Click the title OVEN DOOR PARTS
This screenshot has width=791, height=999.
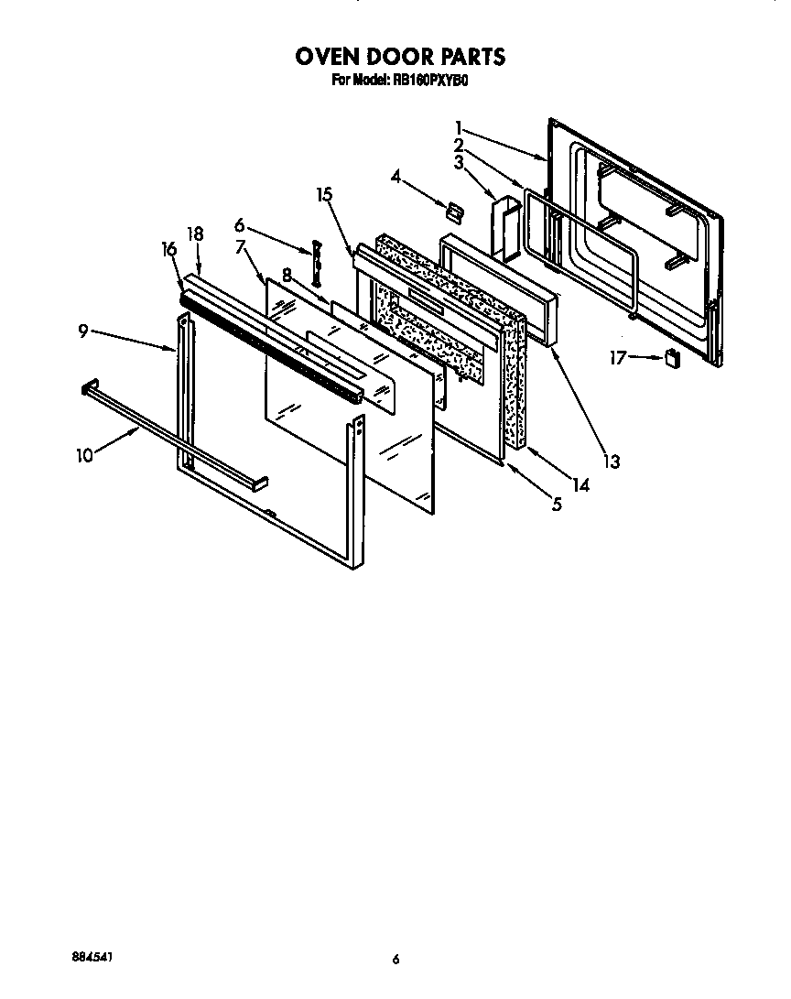click(x=399, y=57)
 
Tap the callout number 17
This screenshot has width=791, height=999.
click(x=619, y=358)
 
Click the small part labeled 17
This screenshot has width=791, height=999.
click(x=674, y=359)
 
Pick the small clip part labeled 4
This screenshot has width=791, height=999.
click(x=452, y=212)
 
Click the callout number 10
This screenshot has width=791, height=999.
click(x=84, y=455)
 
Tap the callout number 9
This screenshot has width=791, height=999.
click(x=83, y=331)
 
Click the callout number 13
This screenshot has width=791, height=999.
click(x=610, y=462)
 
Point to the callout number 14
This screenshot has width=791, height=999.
click(x=580, y=485)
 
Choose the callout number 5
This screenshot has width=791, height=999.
click(x=556, y=503)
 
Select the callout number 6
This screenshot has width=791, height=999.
click(x=239, y=224)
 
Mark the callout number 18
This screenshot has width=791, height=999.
click(x=196, y=234)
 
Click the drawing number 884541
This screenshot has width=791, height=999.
click(x=94, y=957)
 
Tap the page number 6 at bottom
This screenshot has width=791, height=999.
click(x=395, y=960)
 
